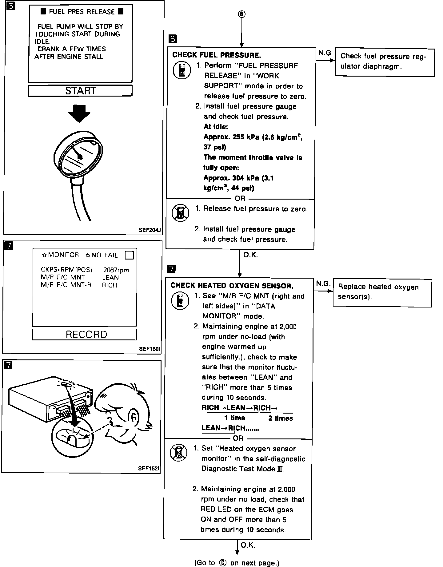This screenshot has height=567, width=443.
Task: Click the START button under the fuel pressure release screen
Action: tap(80, 91)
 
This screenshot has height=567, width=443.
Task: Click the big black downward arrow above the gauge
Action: tap(79, 113)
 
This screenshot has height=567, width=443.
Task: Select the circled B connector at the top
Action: tap(242, 14)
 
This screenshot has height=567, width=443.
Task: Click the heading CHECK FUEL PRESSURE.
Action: tap(217, 55)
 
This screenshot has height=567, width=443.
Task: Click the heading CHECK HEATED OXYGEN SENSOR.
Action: tap(232, 286)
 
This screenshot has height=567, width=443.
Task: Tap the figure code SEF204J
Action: tap(150, 230)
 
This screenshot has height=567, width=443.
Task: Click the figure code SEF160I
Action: tap(150, 349)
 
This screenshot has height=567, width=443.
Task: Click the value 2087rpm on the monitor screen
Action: tap(116, 270)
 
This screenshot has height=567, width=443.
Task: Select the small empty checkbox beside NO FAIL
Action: tap(130, 255)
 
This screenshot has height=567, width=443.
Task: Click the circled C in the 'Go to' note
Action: tap(223, 563)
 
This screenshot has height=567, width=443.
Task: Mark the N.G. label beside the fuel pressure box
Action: tap(325, 53)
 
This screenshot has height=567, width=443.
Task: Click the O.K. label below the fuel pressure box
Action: tap(250, 255)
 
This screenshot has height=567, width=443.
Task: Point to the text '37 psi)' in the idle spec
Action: tap(215, 147)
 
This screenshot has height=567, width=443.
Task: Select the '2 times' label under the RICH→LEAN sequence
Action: tap(280, 418)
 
